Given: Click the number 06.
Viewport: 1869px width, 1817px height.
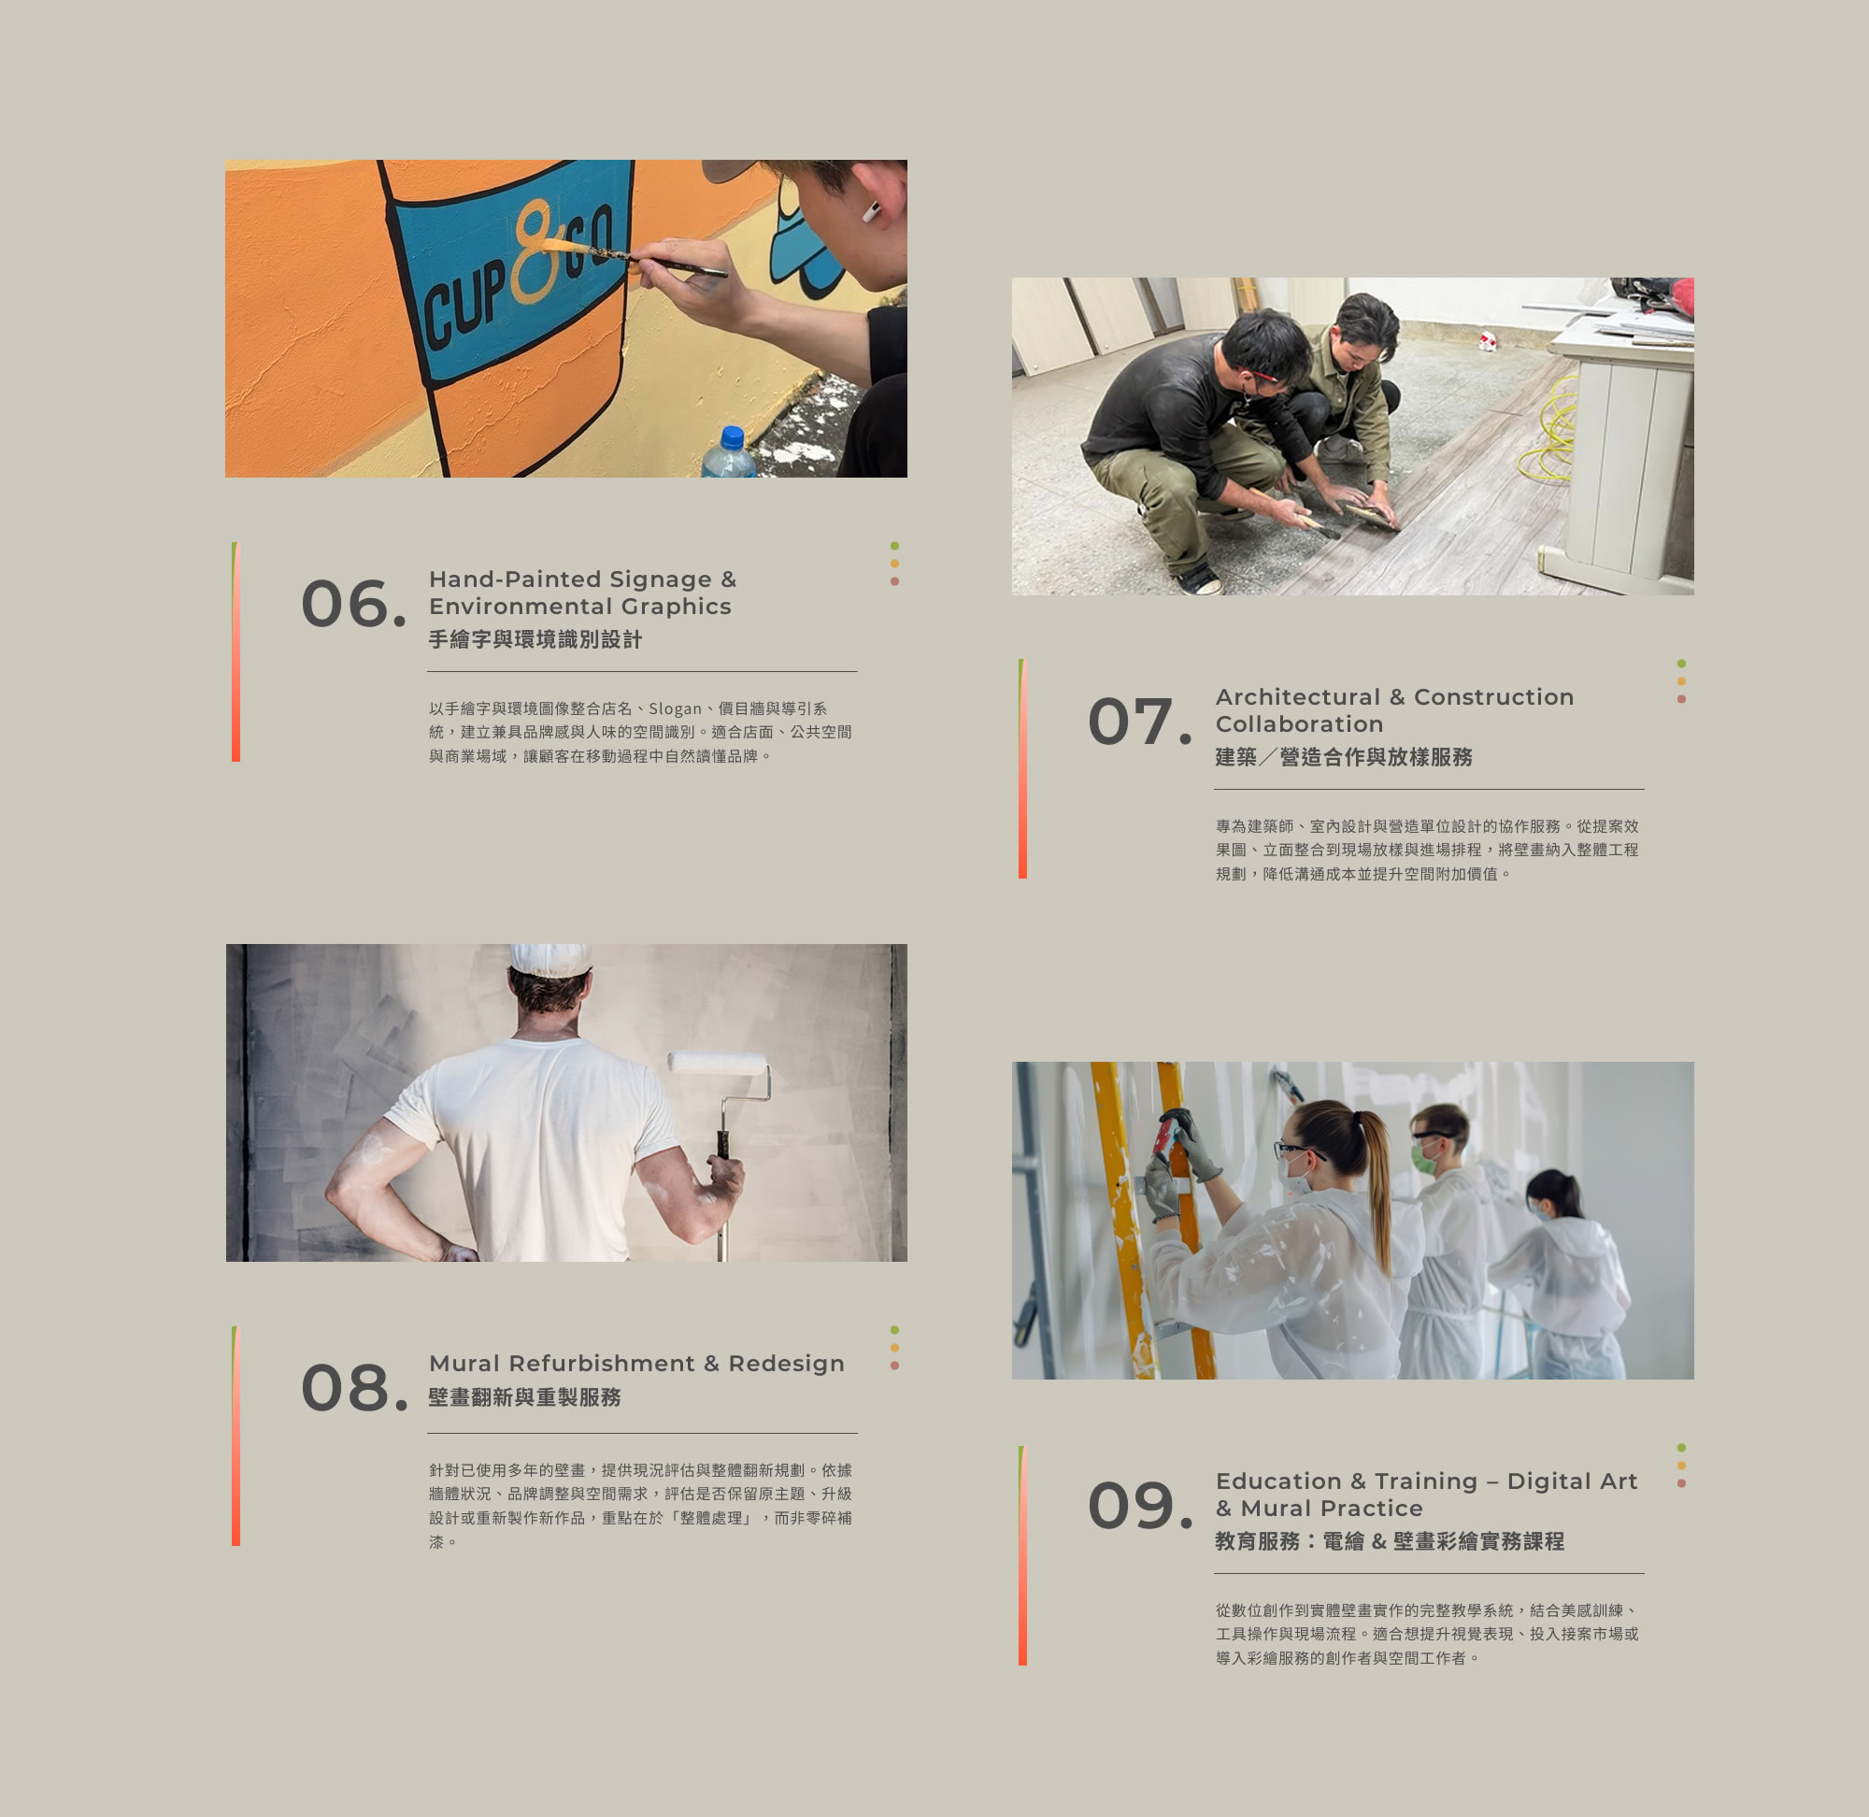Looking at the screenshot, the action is [353, 603].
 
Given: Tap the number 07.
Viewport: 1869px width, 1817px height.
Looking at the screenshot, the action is [1139, 721].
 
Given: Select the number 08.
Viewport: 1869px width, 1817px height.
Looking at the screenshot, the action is [353, 1388].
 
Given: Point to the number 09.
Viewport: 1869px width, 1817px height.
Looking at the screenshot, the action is [1139, 1505].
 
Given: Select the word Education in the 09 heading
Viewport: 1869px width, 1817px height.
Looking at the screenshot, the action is [1278, 1481].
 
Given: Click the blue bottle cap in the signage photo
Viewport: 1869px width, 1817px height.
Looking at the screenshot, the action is [732, 437].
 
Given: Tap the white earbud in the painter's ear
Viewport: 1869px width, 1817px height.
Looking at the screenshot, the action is [871, 211].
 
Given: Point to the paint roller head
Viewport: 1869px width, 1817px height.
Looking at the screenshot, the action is [718, 1062].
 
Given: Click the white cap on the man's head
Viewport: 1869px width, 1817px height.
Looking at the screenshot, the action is [549, 959].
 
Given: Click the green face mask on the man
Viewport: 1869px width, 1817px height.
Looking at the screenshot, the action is [1424, 1159].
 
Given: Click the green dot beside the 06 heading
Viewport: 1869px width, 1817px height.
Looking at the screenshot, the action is [894, 546].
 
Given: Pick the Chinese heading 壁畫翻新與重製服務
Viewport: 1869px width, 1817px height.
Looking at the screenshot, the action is [525, 1397].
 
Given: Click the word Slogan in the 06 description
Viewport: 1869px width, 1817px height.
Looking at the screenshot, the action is [675, 708].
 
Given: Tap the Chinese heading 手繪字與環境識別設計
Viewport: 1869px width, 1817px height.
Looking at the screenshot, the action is [535, 639].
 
